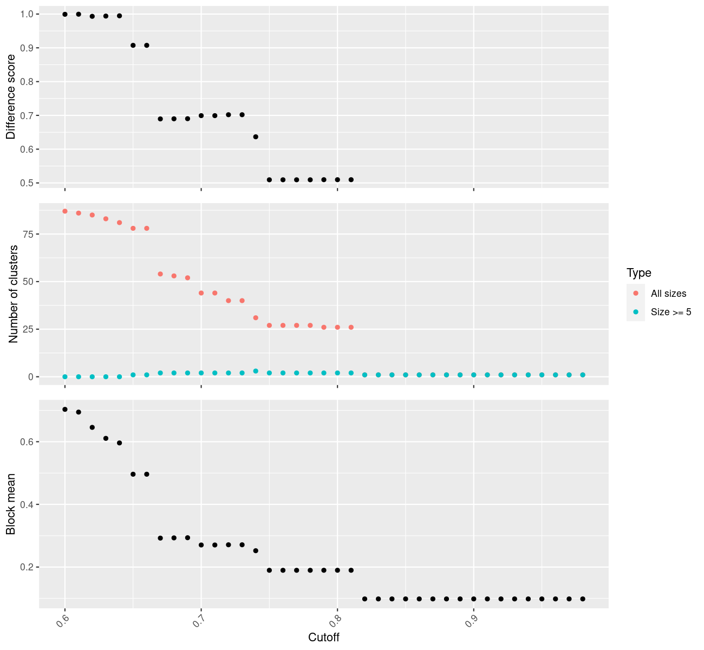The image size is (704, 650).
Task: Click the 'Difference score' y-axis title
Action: (11, 97)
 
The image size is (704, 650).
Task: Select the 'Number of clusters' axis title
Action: (14, 294)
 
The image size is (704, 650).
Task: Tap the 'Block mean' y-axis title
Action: (11, 504)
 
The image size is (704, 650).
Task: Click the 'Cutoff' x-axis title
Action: (324, 638)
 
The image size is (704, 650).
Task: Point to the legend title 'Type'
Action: (638, 272)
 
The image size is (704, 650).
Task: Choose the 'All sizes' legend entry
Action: (668, 294)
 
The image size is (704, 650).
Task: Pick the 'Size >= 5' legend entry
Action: (671, 312)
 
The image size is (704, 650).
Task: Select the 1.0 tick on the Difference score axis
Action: (25, 14)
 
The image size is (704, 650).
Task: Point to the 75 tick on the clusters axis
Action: (27, 234)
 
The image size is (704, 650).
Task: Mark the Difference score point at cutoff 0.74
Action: (256, 137)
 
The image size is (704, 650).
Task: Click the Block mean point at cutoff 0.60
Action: (65, 409)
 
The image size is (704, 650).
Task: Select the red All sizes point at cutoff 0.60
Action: (65, 211)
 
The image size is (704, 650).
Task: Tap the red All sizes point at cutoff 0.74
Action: (256, 318)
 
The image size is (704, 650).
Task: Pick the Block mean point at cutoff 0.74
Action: (256, 551)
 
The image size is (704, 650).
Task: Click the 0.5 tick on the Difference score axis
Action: (25, 183)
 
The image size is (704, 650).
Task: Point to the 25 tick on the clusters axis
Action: (27, 329)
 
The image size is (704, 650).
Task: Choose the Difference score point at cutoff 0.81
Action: (351, 180)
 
